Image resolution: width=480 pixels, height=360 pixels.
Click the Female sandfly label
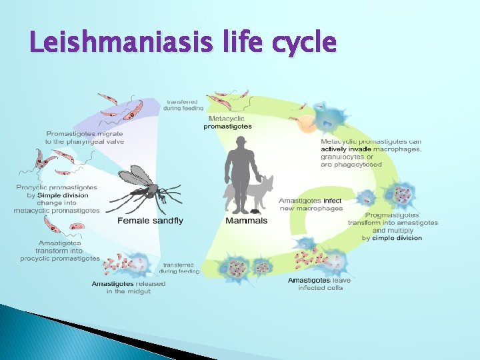(150, 221)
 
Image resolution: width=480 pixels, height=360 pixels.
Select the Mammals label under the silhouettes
(247, 221)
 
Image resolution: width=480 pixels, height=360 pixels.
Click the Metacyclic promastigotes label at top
(227, 123)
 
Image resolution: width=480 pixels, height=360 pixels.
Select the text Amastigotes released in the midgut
(128, 287)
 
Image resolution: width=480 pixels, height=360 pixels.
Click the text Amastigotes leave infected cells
(320, 284)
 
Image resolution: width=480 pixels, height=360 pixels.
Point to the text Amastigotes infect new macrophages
(310, 204)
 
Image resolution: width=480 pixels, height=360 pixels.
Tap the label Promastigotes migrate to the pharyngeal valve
(84, 137)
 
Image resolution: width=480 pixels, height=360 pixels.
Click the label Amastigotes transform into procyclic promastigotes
(60, 251)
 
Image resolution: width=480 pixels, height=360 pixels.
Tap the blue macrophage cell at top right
(327, 117)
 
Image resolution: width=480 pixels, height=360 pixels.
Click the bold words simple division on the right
(397, 238)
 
